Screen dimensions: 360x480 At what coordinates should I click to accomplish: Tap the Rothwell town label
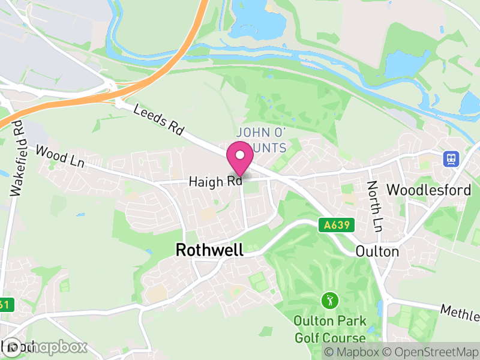(209, 250)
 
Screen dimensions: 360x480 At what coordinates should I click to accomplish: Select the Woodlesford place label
(428, 190)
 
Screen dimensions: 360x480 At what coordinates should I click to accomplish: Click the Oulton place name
(377, 251)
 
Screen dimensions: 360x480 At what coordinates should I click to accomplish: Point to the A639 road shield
(337, 226)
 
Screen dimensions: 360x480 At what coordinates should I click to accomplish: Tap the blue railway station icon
(450, 159)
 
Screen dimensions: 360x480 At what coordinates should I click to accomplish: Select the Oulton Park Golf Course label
(329, 329)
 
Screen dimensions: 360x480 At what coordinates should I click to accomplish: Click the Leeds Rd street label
(158, 119)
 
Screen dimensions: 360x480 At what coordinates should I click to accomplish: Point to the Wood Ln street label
(59, 157)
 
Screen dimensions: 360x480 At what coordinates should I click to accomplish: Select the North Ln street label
(375, 206)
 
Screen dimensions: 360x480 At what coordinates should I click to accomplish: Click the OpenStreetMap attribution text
(433, 352)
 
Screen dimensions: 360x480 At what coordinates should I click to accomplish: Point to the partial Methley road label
(460, 312)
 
